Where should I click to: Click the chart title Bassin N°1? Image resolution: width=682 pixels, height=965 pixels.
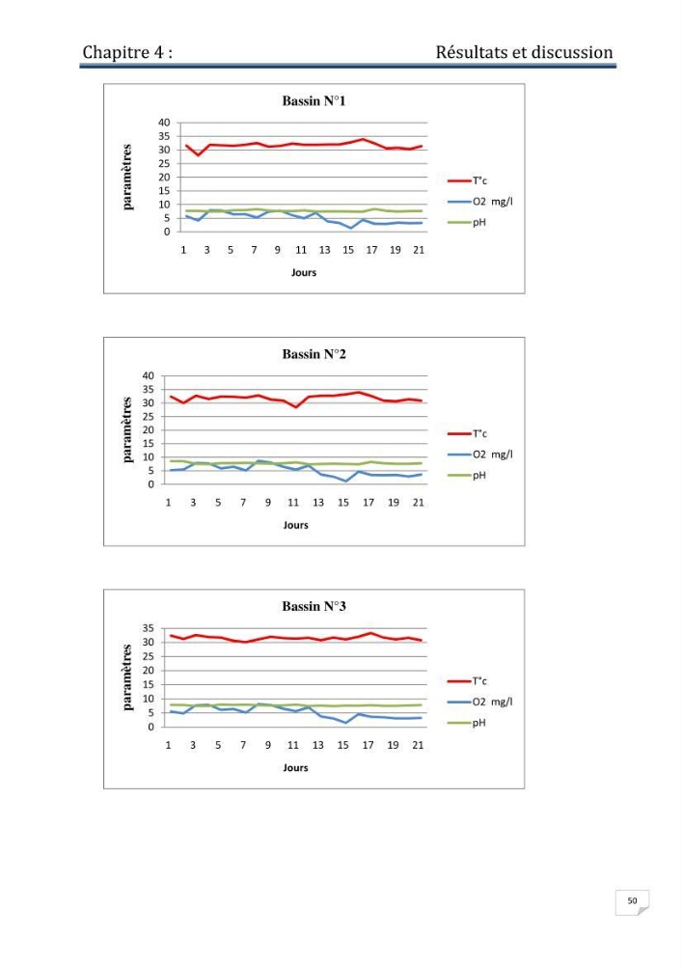[x=314, y=101]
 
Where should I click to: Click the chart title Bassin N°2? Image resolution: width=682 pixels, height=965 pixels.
[x=314, y=354]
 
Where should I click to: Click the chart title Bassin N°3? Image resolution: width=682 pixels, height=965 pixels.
[x=314, y=606]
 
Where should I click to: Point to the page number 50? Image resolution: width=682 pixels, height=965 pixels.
[x=632, y=900]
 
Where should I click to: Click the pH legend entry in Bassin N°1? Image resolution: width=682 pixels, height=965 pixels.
[x=468, y=222]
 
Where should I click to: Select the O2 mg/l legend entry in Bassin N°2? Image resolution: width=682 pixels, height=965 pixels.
[x=480, y=455]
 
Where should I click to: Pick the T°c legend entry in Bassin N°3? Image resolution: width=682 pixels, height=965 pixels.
[x=468, y=680]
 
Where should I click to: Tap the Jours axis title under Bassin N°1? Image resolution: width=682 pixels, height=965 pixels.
[x=304, y=272]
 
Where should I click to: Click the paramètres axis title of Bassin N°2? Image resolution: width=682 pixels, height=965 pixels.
[x=126, y=429]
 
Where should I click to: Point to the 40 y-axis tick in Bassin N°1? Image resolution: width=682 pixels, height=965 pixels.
[x=164, y=123]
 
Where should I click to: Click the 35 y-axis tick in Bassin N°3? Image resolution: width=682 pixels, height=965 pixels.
[x=149, y=628]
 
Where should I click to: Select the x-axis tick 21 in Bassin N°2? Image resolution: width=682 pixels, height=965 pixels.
[x=419, y=502]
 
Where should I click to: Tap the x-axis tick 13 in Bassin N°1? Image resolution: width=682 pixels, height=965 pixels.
[x=324, y=250]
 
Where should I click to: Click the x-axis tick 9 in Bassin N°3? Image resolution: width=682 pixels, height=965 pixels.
[x=267, y=745]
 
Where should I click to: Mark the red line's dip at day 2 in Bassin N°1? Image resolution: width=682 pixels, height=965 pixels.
[x=198, y=155]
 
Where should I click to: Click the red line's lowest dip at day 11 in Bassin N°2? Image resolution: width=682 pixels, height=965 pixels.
[x=296, y=407]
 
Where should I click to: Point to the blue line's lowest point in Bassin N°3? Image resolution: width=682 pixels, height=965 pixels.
[x=345, y=723]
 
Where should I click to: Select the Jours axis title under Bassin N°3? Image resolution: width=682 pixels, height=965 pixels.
[x=295, y=767]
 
